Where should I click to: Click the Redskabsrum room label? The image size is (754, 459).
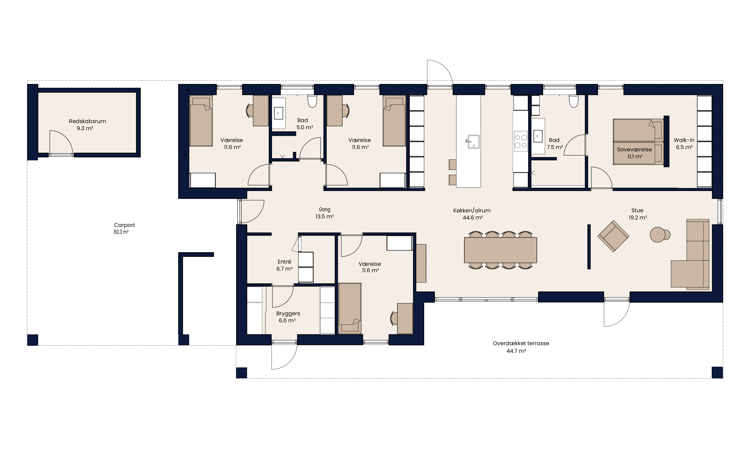[x=87, y=121]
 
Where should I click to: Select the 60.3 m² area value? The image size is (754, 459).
[x=121, y=232]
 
